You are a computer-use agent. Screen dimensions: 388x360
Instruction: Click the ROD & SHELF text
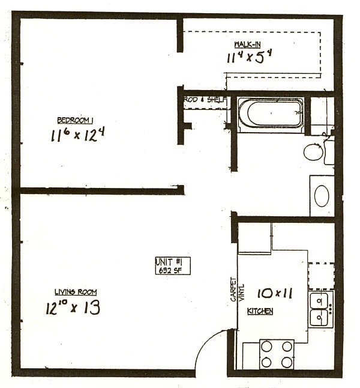206,100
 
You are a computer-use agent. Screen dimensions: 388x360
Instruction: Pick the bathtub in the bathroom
271,114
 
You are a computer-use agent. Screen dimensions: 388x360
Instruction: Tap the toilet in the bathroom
313,151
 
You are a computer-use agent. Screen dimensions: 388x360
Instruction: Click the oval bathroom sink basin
322,196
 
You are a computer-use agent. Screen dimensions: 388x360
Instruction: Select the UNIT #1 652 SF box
172,265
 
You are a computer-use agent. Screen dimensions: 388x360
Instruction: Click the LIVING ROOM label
76,293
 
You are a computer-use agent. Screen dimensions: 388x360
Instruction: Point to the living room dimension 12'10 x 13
73,308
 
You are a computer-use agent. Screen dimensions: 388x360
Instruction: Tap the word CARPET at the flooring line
233,289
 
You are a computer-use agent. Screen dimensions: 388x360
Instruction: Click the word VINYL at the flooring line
242,292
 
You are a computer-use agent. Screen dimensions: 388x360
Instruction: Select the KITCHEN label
260,311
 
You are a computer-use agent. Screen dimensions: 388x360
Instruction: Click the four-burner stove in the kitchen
277,354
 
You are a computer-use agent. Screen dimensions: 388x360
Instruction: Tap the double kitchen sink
321,309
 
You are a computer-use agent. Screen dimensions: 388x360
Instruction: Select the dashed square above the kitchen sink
321,276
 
